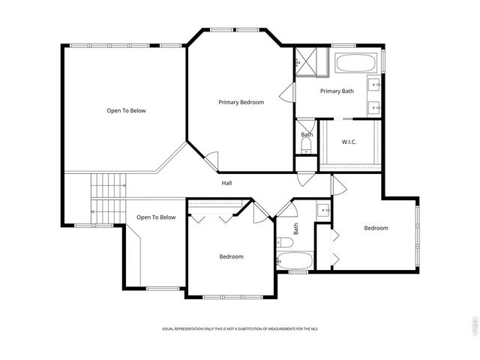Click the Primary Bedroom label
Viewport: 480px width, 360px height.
point(241,102)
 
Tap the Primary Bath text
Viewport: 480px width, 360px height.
point(337,91)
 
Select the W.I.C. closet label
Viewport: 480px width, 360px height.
point(349,142)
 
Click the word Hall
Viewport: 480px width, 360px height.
point(226,183)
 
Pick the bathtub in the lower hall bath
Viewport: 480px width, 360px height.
point(294,261)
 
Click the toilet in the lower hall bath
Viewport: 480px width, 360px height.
point(283,241)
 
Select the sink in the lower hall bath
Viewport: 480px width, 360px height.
point(323,210)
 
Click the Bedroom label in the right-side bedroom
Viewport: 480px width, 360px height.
point(376,228)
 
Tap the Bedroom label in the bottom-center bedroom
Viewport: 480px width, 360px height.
point(231,256)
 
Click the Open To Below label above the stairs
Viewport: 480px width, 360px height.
point(126,111)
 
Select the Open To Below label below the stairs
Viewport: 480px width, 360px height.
point(156,217)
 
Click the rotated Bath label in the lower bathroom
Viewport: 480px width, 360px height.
point(296,228)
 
